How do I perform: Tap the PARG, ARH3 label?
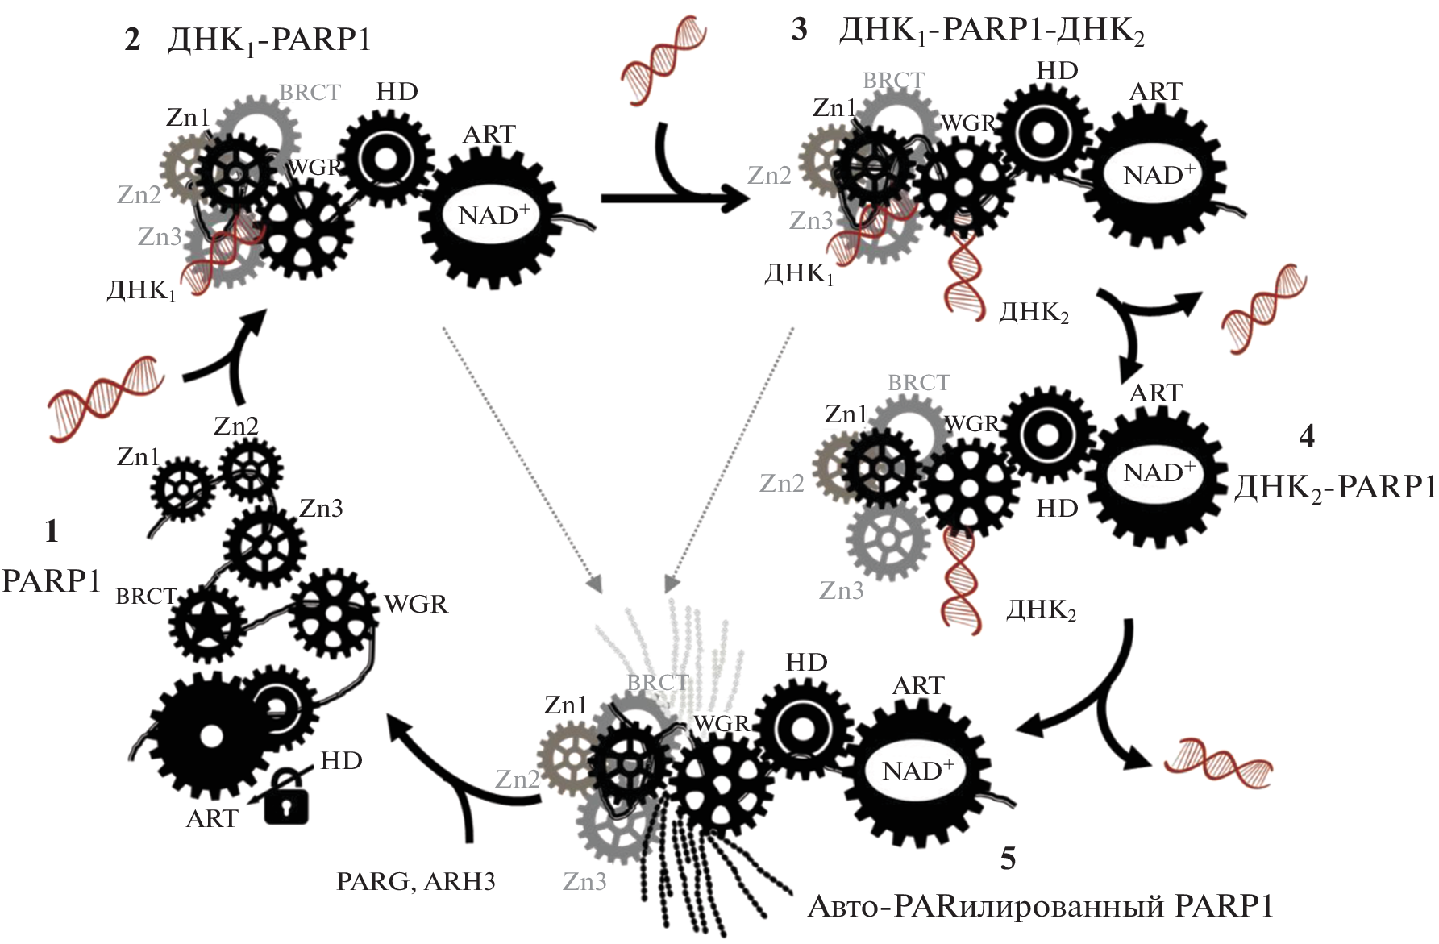415,882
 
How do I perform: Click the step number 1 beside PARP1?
52,531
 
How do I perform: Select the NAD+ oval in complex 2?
492,216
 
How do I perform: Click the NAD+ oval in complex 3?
1158,175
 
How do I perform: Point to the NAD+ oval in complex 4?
1158,472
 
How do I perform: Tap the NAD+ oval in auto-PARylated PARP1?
917,771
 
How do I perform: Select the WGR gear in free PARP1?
332,614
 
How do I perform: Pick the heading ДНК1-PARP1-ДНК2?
992,31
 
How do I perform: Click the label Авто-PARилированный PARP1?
1040,906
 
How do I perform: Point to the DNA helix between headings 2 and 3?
663,60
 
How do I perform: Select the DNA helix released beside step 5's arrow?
1217,763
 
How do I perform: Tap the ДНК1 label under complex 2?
141,290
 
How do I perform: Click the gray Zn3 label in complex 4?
841,591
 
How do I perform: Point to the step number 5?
1008,859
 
